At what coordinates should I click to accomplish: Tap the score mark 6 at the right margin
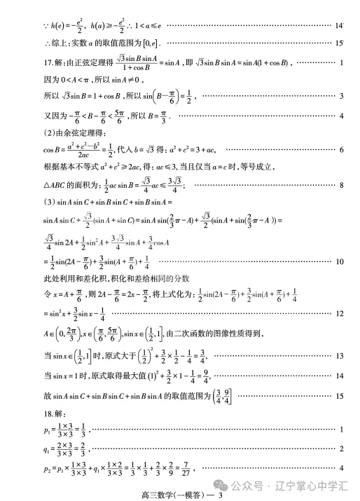(341, 149)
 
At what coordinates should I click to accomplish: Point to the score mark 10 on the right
(340, 261)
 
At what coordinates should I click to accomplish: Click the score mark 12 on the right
(340, 313)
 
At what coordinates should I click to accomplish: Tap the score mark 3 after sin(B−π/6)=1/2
(341, 95)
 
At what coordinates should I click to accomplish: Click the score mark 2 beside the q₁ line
(341, 448)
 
